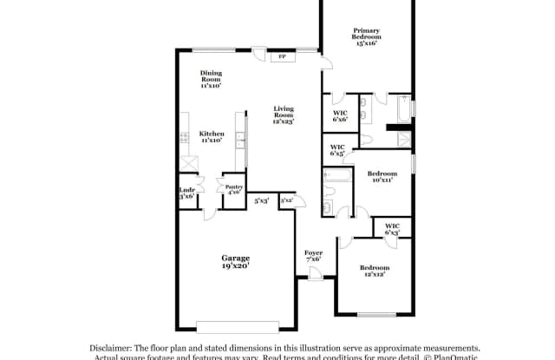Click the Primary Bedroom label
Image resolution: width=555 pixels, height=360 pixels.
366,35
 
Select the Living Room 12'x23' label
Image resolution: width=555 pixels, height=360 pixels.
283,115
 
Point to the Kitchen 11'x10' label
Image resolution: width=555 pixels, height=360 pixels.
212,137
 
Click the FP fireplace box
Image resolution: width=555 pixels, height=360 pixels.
282,57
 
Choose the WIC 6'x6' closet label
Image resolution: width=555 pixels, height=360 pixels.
340,115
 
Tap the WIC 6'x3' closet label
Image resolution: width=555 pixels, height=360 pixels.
391,229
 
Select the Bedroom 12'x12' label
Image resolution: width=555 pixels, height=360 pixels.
375,272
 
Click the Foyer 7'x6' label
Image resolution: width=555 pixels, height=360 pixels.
313,256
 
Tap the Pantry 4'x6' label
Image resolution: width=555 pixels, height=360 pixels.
232,189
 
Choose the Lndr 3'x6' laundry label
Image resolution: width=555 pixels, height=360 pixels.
186,193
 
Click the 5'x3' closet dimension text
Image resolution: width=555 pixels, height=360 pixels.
261,201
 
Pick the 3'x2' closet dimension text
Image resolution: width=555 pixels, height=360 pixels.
287,201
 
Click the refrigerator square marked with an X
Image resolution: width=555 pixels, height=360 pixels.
188,163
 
